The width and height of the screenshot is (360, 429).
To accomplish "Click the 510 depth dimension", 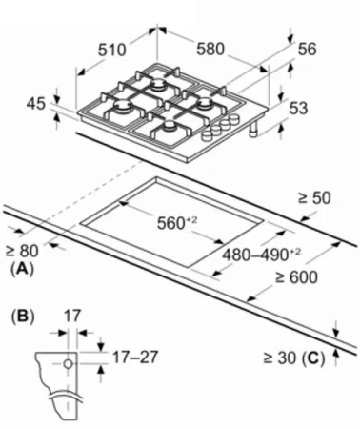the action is (x=111, y=51).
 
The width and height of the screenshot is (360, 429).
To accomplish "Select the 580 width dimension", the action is (x=210, y=49).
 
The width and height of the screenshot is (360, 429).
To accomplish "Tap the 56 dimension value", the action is (x=307, y=50).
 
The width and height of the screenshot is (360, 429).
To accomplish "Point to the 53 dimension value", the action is (x=298, y=108).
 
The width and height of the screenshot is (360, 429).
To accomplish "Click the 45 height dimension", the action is (x=36, y=104).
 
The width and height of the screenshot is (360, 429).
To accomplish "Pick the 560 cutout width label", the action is (x=177, y=222).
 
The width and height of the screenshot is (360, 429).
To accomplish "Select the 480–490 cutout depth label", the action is (x=261, y=255).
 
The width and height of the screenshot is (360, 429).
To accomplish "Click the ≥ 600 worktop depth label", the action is (x=296, y=277).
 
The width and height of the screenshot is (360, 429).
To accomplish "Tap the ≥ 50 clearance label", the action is (x=314, y=198).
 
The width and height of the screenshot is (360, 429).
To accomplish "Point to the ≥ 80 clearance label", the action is (x=22, y=251).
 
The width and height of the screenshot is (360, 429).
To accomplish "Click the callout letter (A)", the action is (x=22, y=269).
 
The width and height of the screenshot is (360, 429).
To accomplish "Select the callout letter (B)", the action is (x=23, y=317).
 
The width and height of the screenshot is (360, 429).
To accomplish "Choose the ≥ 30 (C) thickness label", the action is (x=294, y=358).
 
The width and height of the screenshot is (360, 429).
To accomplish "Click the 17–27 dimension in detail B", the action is (x=135, y=357).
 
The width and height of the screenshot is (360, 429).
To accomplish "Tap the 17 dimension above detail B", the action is (x=72, y=317).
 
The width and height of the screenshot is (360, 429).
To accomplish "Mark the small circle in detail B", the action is (x=68, y=364).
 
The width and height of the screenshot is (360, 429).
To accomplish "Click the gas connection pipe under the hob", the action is (x=254, y=130).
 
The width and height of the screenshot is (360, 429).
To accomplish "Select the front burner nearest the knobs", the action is (x=170, y=126).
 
